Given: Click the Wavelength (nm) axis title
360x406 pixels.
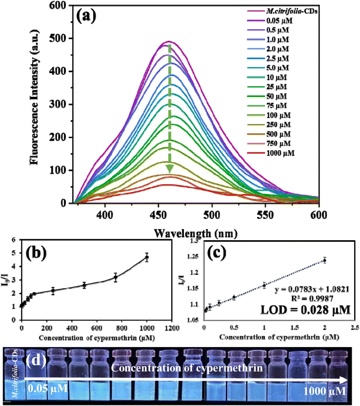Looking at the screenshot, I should click(194, 232).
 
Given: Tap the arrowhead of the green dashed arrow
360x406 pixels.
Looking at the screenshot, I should click(170, 169).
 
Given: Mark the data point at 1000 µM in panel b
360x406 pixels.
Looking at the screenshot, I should click(147, 258).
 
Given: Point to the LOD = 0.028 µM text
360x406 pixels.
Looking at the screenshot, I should click(301, 310).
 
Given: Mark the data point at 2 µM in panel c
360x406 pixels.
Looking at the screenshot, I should click(325, 260).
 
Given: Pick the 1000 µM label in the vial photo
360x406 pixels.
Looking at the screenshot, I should click(323, 392).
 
